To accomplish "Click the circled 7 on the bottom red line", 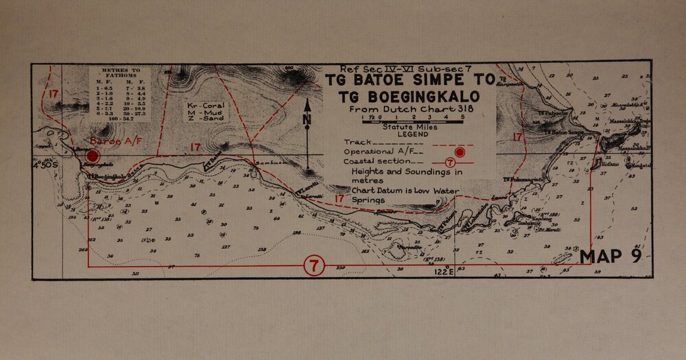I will pyautogui.click(x=313, y=265).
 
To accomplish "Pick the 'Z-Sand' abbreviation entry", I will pyautogui.click(x=202, y=119).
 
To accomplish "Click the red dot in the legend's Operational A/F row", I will pyautogui.click(x=460, y=151).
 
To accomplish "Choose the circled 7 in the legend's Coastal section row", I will pyautogui.click(x=450, y=163).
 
